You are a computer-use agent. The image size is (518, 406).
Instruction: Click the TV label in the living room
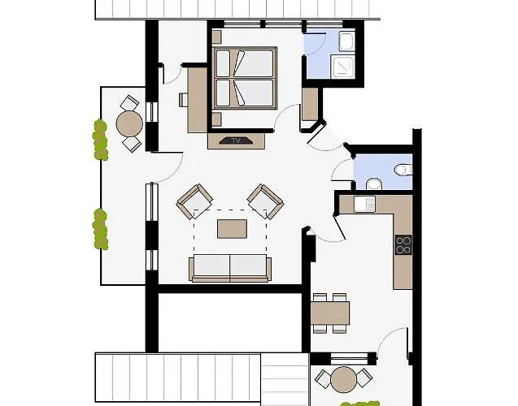(x=236, y=140)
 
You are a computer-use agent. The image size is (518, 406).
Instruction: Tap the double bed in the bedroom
(x=245, y=78)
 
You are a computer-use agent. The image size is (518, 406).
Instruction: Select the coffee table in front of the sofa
(x=232, y=228)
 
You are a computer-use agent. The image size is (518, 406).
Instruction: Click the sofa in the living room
(x=230, y=268)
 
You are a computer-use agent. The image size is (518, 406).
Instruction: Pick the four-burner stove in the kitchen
(x=403, y=244)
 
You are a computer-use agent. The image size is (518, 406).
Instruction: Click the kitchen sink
(x=364, y=204)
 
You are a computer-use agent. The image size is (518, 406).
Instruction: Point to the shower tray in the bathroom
(x=343, y=67)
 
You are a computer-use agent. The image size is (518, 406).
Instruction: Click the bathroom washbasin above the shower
(x=346, y=41)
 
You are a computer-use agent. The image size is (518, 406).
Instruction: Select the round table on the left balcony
(x=129, y=123)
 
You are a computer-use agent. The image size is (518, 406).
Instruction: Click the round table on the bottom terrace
(x=343, y=379)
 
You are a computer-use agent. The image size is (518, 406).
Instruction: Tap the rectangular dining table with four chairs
(x=330, y=313)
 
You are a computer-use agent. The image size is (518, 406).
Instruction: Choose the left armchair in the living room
(x=194, y=201)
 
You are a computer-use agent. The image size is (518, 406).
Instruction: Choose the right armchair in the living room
(x=266, y=201)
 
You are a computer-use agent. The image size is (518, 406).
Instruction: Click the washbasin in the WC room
(x=374, y=184)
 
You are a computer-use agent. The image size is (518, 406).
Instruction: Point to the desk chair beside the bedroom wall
(x=183, y=100)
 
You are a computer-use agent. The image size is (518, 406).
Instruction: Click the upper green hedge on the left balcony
(x=100, y=140)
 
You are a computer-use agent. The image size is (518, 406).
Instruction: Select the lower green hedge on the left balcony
(x=101, y=229)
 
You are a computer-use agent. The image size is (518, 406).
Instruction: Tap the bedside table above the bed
(x=216, y=37)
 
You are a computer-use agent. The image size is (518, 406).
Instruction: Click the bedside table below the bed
(x=216, y=119)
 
